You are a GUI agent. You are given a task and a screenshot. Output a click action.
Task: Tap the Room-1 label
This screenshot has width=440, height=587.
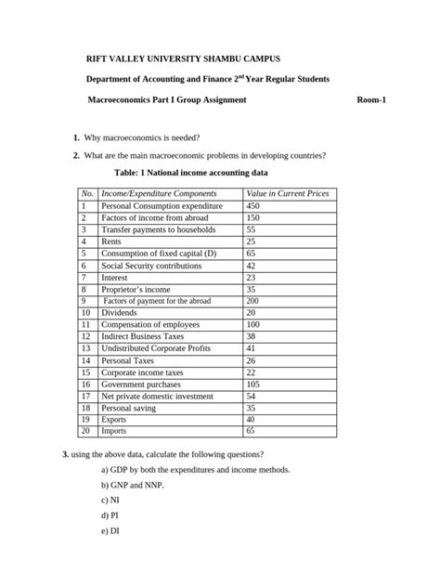click(x=371, y=98)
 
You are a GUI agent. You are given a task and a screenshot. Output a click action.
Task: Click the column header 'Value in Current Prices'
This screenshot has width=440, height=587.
click(x=286, y=193)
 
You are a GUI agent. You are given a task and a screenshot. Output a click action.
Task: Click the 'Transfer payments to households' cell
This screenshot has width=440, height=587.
click(x=158, y=229)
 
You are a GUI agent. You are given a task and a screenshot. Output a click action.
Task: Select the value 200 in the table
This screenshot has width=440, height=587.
click(x=252, y=301)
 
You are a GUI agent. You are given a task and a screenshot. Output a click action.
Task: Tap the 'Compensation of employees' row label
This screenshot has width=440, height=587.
click(x=152, y=325)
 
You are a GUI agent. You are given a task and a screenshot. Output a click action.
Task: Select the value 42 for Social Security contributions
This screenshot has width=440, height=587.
click(x=251, y=265)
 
